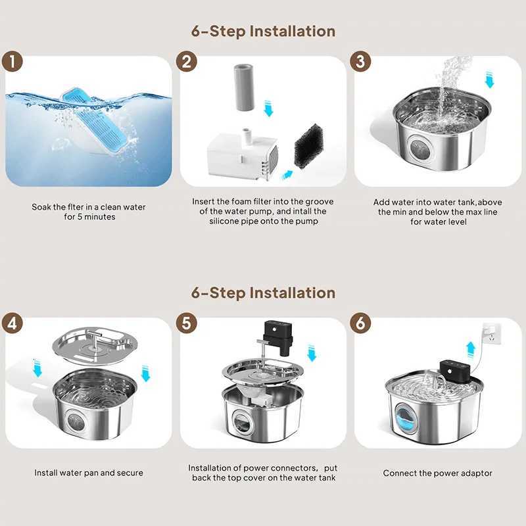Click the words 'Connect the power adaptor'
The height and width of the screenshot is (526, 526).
[x=437, y=473]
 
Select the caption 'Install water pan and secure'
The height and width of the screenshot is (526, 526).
[x=88, y=473]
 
